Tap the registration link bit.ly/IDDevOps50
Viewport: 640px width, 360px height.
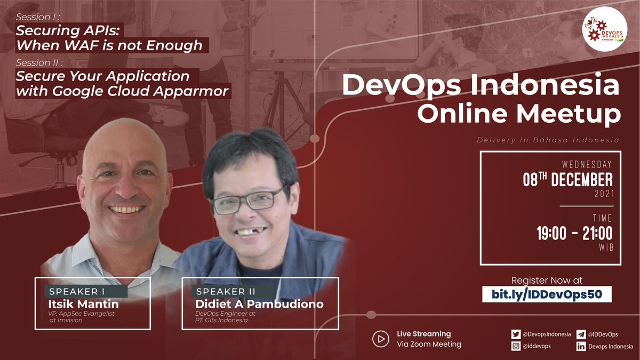coord(546,294)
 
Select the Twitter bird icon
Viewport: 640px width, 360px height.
coord(516,334)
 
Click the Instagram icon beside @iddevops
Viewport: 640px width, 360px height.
coord(516,347)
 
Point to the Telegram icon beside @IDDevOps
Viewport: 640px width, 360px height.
coord(581,334)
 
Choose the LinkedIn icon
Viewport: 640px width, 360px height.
coord(581,347)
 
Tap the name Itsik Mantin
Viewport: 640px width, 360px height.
coord(83,304)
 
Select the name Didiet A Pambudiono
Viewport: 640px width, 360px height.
coord(259,304)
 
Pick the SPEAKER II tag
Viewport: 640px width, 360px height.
coord(226,292)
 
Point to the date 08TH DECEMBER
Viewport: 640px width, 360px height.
coord(567,179)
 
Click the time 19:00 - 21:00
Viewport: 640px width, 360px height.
coord(574,234)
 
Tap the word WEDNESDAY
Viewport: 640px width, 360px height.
coord(587,165)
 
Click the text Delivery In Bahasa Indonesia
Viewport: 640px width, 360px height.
coord(548,140)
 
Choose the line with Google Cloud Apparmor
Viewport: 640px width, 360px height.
coord(123,91)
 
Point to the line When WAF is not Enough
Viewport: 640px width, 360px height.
coord(109,45)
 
